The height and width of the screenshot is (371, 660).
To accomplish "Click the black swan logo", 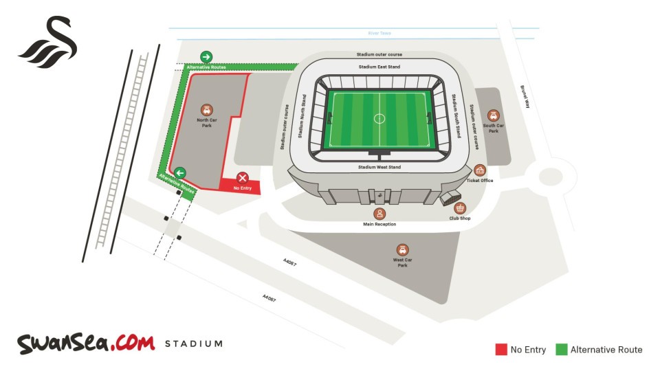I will (48, 43).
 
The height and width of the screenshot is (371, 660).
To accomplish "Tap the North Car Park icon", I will (206, 110).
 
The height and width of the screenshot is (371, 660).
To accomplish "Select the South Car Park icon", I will (493, 115).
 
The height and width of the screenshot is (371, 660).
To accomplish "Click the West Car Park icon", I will (402, 250).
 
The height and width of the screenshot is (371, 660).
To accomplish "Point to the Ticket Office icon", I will (480, 170).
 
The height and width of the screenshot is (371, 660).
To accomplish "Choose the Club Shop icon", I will (460, 207).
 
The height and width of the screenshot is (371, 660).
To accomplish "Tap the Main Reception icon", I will (379, 214).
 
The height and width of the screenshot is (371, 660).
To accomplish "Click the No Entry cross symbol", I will (242, 178).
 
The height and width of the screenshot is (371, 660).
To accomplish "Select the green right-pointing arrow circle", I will (206, 57).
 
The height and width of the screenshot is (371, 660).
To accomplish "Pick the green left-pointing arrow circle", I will (180, 172).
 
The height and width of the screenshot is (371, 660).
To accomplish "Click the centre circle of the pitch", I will (379, 118).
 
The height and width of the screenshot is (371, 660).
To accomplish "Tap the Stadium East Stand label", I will (379, 67).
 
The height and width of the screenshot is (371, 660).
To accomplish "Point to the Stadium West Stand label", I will (379, 167).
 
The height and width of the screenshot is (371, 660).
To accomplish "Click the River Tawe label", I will (379, 33).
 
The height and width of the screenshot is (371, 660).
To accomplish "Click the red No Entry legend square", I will (501, 350).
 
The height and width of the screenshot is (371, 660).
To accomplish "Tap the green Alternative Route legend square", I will (561, 350).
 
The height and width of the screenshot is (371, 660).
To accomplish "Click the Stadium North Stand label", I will (302, 117).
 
